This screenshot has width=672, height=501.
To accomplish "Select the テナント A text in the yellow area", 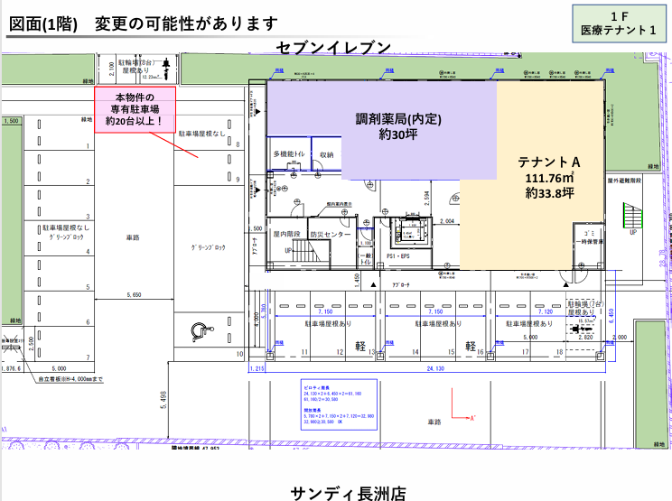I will pos(548,161).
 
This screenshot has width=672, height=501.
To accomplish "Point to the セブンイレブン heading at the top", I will pos(334,47).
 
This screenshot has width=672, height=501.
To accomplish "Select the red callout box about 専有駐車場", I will pos(135,108).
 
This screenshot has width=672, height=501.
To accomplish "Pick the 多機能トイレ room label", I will pos(289,155).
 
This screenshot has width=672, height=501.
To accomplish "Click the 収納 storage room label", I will pos(326,155).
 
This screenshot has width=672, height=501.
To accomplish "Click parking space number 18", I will pos(560,351).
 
